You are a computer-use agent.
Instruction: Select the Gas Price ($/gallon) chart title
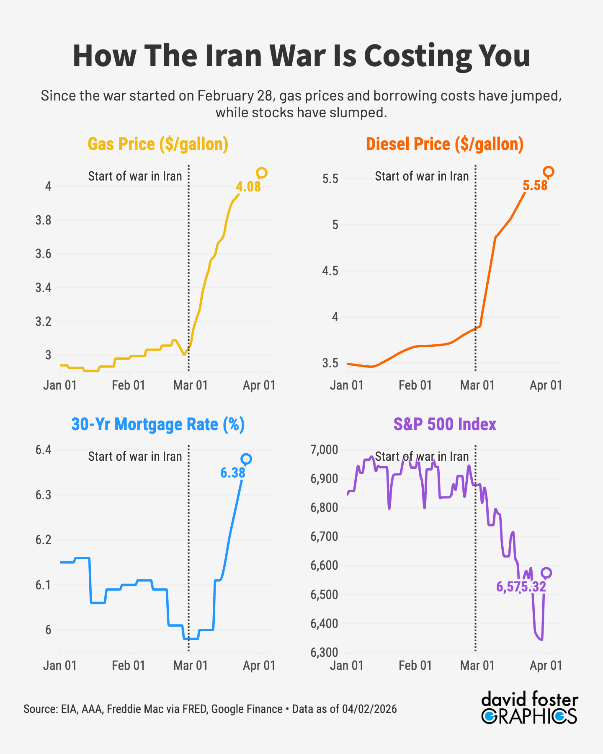click(x=158, y=144)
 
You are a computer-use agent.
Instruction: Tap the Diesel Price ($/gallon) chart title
click(x=445, y=144)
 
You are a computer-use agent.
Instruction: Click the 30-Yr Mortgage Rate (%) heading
click(x=158, y=424)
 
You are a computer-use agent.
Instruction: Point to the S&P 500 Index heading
click(x=445, y=424)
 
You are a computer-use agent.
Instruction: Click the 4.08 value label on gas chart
click(x=248, y=186)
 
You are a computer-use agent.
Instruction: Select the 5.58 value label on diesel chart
click(x=535, y=185)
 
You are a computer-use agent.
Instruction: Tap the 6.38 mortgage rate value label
click(x=232, y=473)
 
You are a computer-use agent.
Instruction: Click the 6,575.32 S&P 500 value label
click(x=521, y=587)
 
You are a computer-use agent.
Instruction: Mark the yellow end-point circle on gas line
click(x=262, y=173)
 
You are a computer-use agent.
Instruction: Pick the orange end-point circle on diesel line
click(x=549, y=171)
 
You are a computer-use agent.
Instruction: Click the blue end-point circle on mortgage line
click(x=246, y=459)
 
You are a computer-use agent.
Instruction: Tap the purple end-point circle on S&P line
click(x=546, y=573)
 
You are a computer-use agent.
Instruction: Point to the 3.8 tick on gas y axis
click(x=44, y=220)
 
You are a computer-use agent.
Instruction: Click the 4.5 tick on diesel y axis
click(x=330, y=271)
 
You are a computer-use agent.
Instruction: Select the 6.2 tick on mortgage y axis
click(x=44, y=540)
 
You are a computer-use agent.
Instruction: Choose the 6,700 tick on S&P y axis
click(x=324, y=537)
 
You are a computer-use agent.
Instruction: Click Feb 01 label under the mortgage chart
click(x=128, y=665)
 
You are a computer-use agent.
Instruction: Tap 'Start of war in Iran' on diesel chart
click(x=422, y=176)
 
